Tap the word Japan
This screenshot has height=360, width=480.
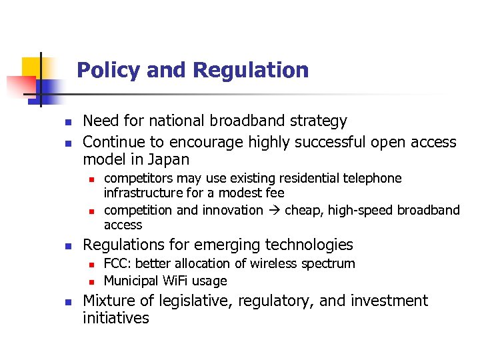coord(170,160)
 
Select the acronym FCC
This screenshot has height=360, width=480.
coord(117,264)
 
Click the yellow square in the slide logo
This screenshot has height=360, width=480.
coord(31,67)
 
